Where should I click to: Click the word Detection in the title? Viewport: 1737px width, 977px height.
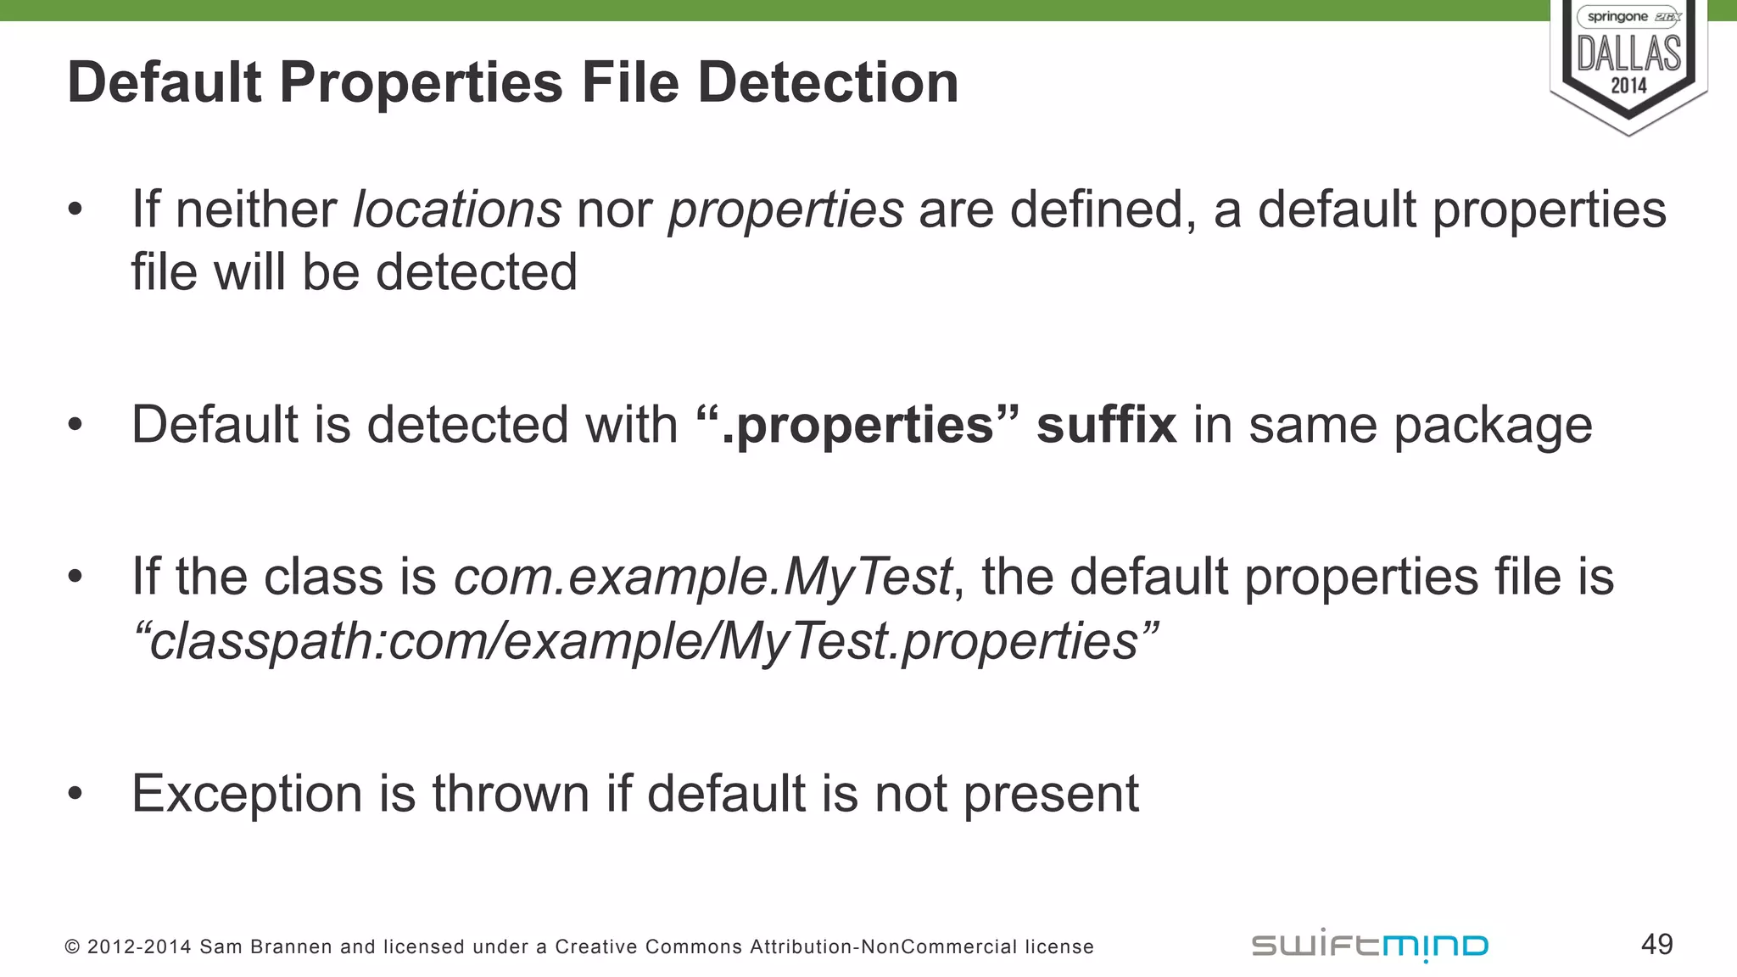point(828,83)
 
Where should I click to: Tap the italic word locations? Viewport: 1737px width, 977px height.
point(456,209)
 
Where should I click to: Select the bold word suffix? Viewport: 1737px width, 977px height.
point(1106,425)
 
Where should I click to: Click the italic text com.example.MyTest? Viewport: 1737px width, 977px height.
point(703,578)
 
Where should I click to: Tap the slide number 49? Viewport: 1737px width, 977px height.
point(1656,944)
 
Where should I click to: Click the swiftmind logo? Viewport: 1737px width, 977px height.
point(1370,945)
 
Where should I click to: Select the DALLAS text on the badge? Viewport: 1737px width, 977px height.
point(1628,53)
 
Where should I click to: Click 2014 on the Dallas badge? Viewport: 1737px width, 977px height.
point(1628,86)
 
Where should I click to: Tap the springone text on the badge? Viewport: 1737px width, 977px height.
point(1617,17)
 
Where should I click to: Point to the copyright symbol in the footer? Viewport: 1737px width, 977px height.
point(72,946)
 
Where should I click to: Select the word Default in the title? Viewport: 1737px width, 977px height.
point(165,83)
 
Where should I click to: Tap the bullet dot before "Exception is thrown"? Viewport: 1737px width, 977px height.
point(75,794)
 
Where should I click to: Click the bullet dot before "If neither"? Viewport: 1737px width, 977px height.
point(75,209)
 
